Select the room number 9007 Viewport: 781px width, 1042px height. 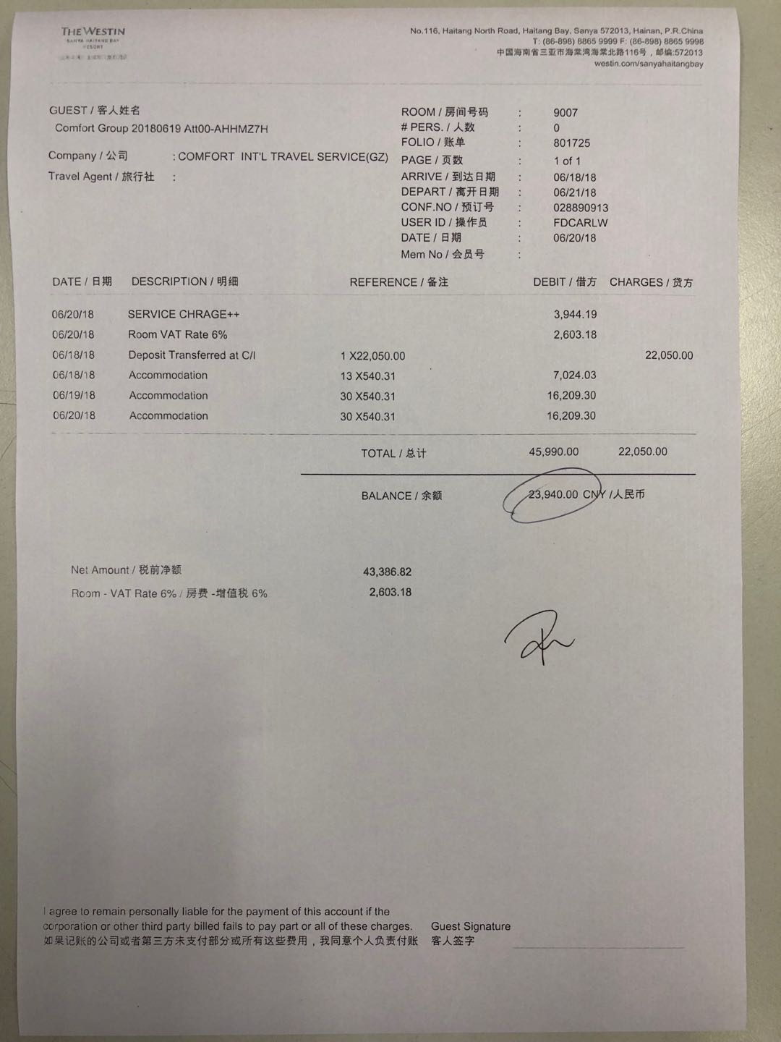tap(566, 113)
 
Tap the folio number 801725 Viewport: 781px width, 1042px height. tap(571, 143)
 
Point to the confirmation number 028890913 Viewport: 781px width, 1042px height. tap(581, 208)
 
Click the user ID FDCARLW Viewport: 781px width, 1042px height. tap(580, 223)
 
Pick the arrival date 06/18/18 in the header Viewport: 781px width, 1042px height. tap(574, 177)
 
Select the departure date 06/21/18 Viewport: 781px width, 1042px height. tap(574, 192)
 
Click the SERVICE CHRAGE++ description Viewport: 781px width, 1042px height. tap(184, 314)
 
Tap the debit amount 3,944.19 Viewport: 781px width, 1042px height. tap(575, 314)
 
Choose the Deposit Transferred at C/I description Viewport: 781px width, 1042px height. tap(192, 355)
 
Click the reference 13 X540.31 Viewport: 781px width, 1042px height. tap(368, 376)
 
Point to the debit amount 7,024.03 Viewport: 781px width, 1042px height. tap(575, 375)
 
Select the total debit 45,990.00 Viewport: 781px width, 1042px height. tap(553, 452)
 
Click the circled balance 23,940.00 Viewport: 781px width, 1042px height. tap(553, 495)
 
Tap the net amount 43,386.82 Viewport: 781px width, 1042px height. tap(387, 572)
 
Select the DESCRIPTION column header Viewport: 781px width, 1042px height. tap(184, 281)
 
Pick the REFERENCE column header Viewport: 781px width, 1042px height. tap(398, 282)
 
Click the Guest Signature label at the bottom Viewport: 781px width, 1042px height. tap(471, 926)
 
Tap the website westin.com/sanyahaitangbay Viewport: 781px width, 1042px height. tap(648, 64)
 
